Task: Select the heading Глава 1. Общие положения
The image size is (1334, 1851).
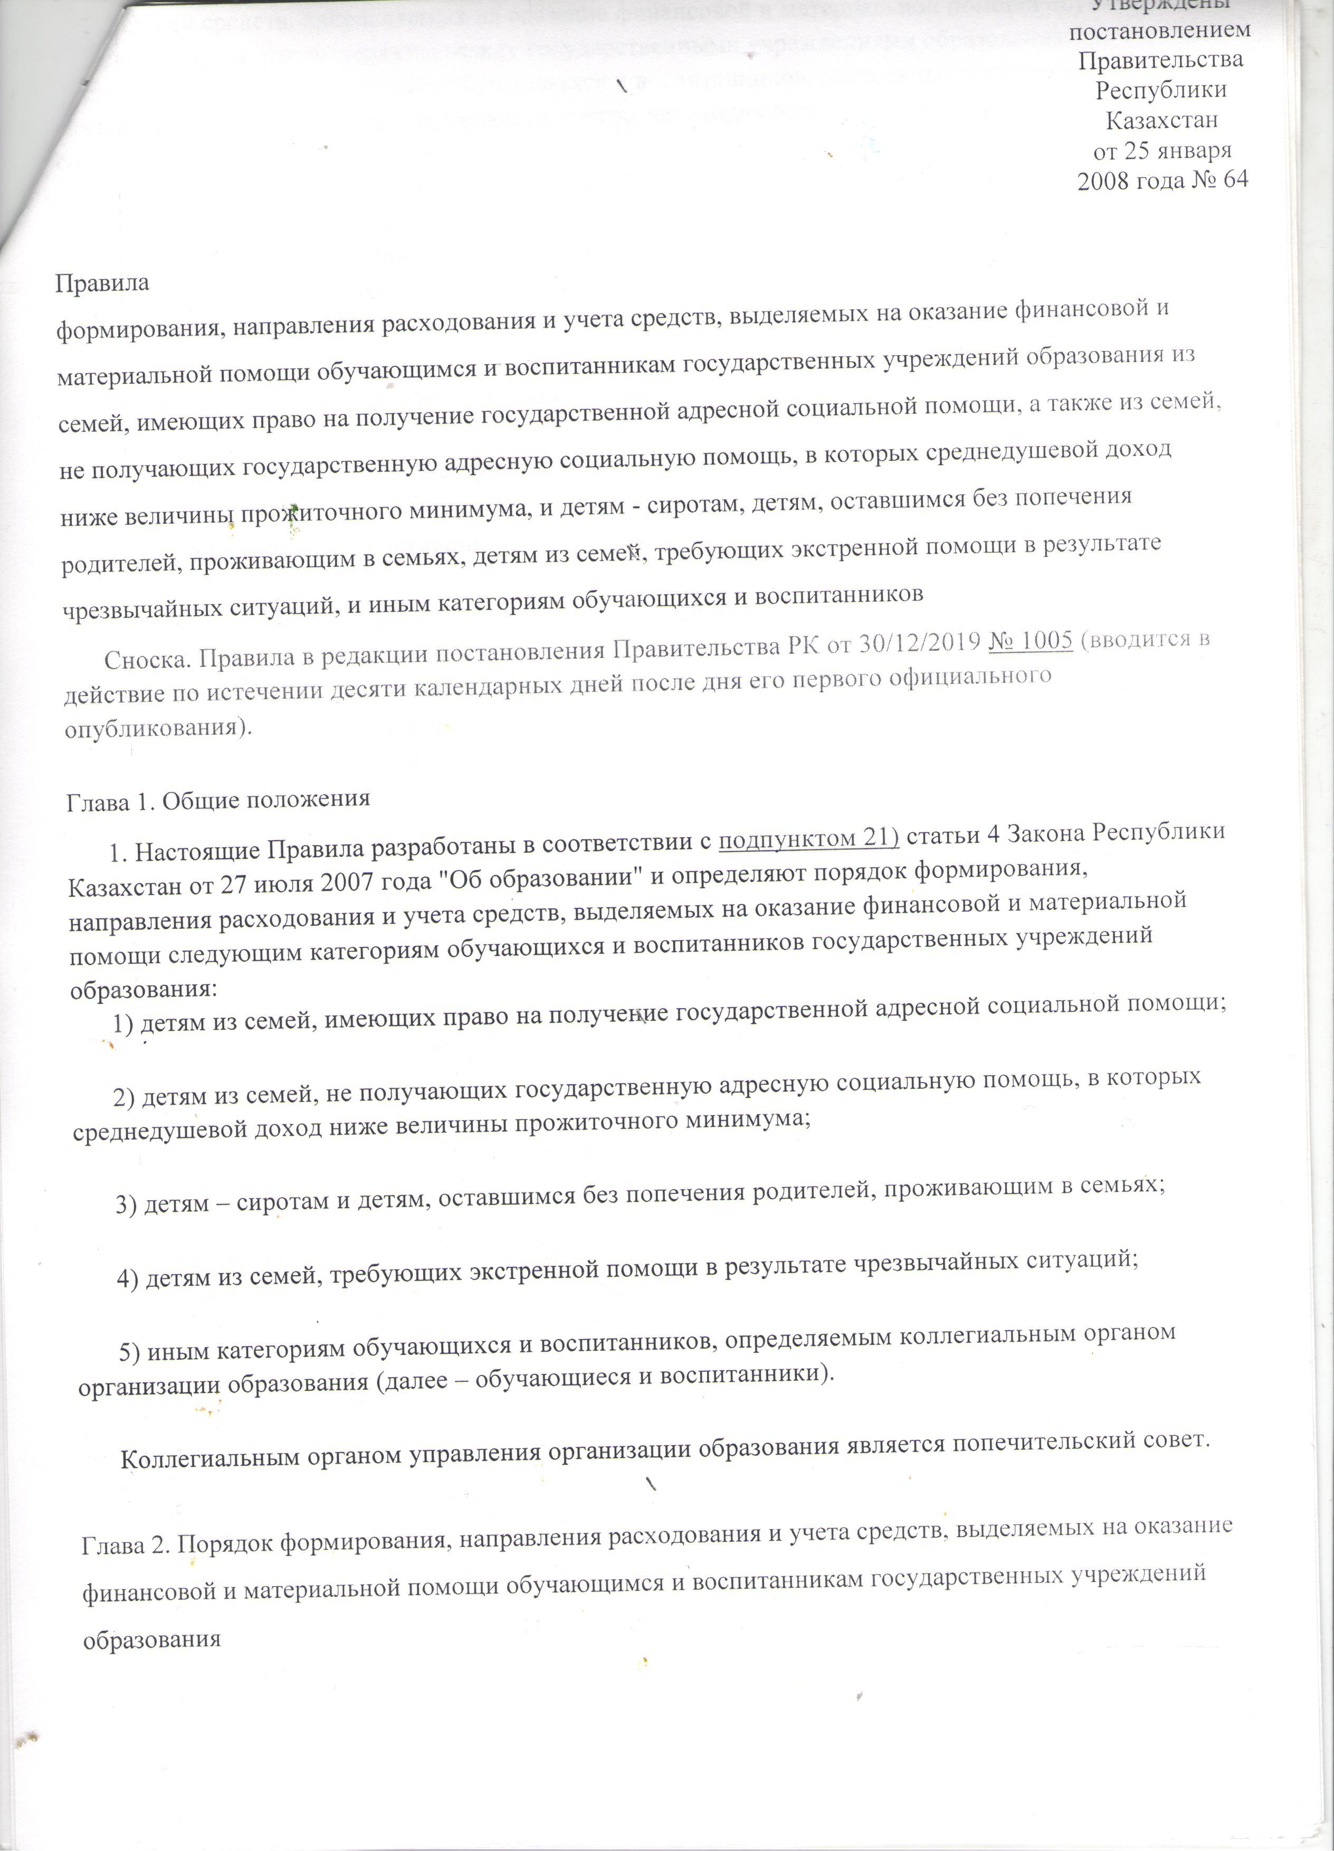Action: tap(218, 799)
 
